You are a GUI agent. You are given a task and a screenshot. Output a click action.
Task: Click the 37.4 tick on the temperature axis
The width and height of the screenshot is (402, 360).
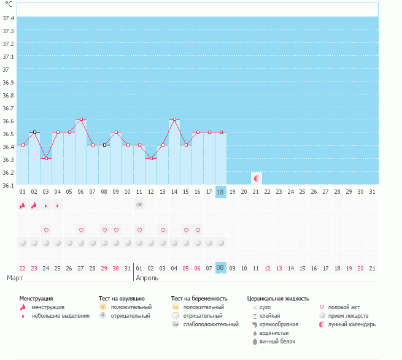click(9, 18)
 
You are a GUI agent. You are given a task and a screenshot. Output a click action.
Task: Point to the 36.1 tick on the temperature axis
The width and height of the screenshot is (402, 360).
click(9, 185)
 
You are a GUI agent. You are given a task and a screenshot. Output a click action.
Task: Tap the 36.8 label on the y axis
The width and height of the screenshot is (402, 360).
click(9, 95)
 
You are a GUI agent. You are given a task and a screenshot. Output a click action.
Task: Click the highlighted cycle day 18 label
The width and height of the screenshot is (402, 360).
click(221, 192)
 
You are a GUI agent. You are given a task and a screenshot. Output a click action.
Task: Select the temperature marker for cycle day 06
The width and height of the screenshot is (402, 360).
click(81, 119)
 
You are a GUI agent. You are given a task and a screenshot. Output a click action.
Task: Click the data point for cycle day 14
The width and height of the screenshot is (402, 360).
click(174, 119)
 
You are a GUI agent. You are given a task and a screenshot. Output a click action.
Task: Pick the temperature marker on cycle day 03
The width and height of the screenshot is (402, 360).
click(46, 158)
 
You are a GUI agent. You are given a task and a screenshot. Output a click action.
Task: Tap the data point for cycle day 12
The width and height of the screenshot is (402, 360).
click(151, 158)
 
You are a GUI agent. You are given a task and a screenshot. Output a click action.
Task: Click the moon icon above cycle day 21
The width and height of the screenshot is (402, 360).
click(257, 178)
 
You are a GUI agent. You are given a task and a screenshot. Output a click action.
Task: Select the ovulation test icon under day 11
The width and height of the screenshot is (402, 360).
click(139, 205)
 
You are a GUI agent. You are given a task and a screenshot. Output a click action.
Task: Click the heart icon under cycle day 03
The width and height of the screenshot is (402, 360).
click(46, 230)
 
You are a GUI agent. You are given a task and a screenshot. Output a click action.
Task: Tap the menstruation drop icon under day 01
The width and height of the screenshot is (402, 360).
click(23, 205)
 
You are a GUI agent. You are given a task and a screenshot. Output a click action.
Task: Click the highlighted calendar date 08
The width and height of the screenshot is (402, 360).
click(221, 268)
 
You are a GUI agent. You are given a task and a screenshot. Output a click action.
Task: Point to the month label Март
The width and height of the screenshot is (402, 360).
click(15, 278)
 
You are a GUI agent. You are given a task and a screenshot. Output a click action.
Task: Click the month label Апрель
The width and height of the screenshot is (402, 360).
click(147, 278)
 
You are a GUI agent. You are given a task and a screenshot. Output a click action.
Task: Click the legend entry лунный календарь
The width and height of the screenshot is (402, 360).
click(352, 324)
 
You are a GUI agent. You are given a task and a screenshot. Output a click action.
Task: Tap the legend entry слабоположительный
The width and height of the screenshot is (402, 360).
click(211, 324)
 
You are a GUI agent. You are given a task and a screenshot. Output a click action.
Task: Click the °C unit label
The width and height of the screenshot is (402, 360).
click(9, 5)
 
